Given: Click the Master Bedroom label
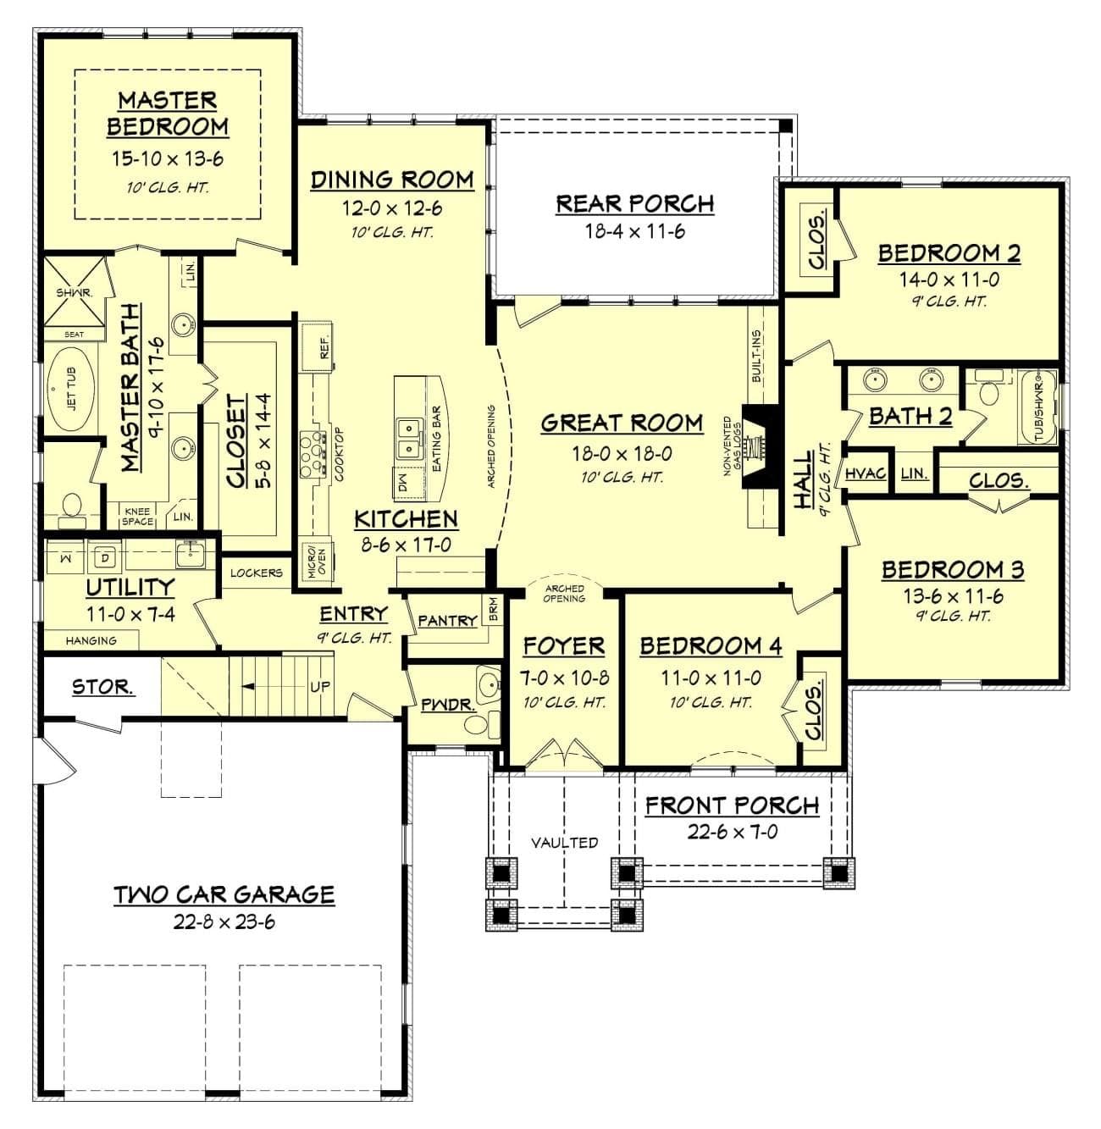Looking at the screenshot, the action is (x=168, y=113).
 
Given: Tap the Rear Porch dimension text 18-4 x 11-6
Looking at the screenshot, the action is (x=635, y=231).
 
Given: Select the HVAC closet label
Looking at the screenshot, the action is (x=866, y=473).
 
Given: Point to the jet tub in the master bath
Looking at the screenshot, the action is (x=71, y=389).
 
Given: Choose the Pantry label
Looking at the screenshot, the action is (x=447, y=620).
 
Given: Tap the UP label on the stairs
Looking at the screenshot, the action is (x=319, y=686).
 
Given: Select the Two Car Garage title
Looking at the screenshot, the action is (x=224, y=894).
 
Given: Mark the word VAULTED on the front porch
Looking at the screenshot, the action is (x=564, y=842).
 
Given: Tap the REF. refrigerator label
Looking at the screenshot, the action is (x=324, y=347).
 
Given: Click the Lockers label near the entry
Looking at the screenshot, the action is (x=257, y=573).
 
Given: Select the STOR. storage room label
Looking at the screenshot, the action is (x=103, y=687).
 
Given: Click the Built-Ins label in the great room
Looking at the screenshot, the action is (x=755, y=357).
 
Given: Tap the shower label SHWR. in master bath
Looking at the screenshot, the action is (x=74, y=293).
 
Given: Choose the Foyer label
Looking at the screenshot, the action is (x=564, y=645).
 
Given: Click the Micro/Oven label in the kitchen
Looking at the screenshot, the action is (x=316, y=562).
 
